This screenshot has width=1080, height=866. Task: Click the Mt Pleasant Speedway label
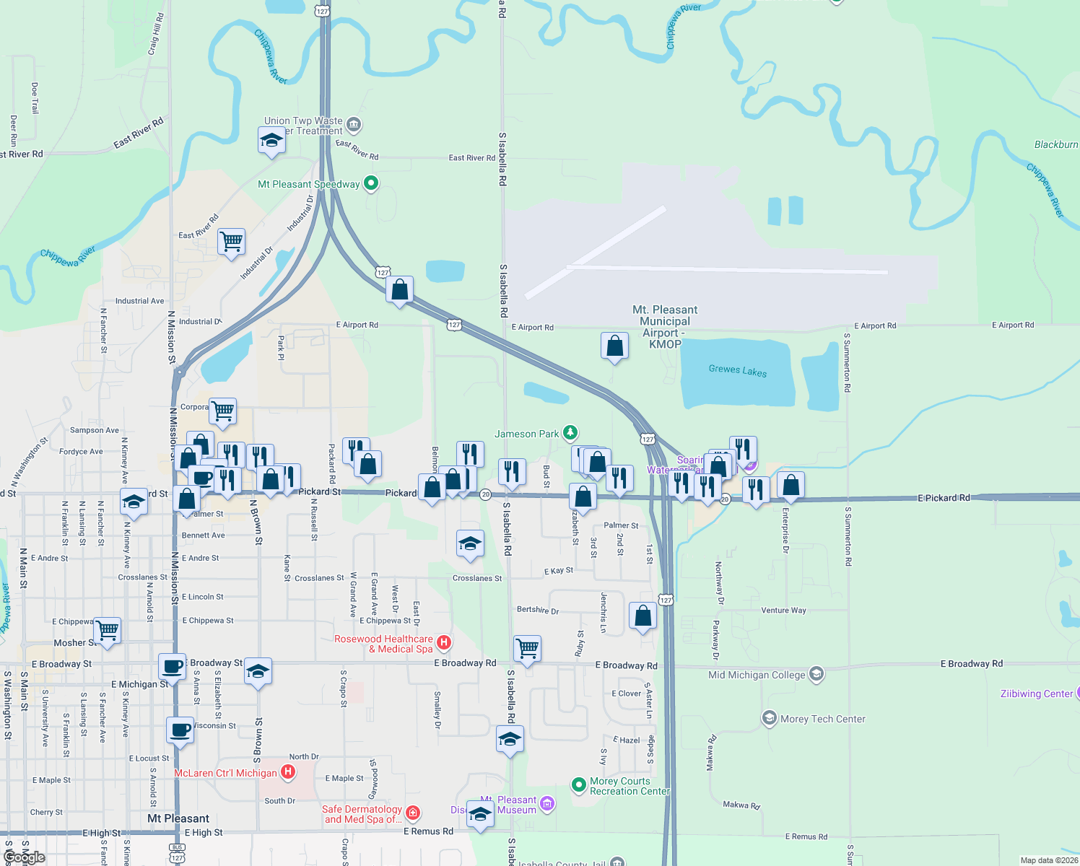point(308,184)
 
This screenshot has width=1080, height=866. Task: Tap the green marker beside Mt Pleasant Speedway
point(371,183)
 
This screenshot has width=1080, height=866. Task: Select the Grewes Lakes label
point(737,370)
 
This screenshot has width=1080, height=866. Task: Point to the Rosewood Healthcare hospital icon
point(445,642)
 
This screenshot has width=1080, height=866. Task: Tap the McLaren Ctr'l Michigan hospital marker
point(288,773)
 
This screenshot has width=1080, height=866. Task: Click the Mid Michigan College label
point(757,675)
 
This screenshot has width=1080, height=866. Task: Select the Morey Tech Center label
point(822,719)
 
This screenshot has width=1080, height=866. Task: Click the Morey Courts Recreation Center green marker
point(578,784)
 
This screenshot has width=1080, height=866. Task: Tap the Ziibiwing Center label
point(1036,694)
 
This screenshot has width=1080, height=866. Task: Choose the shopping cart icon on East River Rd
point(231,242)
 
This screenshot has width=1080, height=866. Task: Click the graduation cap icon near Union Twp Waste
point(271,141)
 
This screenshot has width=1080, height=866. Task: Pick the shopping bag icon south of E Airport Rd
point(614,346)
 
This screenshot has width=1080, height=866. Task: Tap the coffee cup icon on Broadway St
point(172,667)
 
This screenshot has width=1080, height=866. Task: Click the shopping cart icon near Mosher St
point(108,631)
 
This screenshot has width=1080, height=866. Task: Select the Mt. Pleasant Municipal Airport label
point(665,326)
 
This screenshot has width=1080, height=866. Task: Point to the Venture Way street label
point(783,610)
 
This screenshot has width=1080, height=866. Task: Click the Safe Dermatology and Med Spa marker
point(413,813)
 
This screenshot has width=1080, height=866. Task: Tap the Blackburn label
point(1055,144)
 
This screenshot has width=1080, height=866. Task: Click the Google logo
point(25,857)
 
